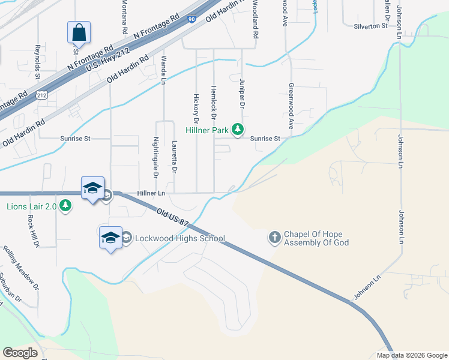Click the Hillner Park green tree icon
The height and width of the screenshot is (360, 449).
(238, 129)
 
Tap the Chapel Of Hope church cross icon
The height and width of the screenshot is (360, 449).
(275, 238)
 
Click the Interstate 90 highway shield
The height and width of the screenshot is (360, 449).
(190, 20)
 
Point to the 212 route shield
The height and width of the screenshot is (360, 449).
(41, 95)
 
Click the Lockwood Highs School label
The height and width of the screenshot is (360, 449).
(179, 238)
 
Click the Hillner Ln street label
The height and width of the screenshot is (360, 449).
(151, 193)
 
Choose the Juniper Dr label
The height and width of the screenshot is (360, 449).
(243, 92)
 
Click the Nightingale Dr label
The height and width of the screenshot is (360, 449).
(155, 158)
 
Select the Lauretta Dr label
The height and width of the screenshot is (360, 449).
(173, 158)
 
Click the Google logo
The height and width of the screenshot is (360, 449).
(20, 353)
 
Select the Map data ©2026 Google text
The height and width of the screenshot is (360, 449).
(412, 355)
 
